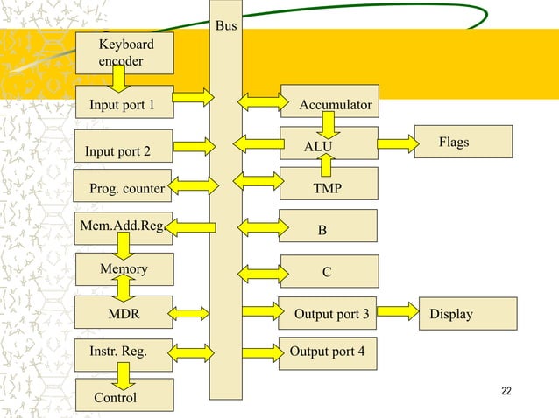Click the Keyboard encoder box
[x=124, y=52]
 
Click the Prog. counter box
[x=124, y=187]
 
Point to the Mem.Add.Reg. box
[x=124, y=227]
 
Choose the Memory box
[x=124, y=269]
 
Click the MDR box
[x=124, y=313]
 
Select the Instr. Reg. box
[x=124, y=353]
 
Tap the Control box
[x=124, y=396]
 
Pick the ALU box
[x=329, y=144]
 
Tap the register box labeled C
[x=329, y=271]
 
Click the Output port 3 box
[x=329, y=313]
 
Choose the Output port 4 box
[x=329, y=353]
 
